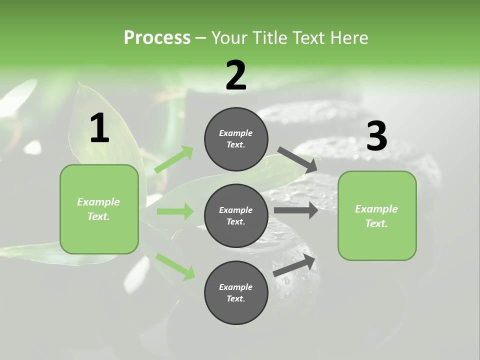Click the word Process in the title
pos(157,38)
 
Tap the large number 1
pos(99,128)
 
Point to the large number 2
pos(236,75)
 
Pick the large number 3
pos(376,136)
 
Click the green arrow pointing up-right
pos(174,159)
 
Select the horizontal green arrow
pos(175,211)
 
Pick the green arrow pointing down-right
pos(175,266)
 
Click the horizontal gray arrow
pos(296,210)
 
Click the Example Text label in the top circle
pos(236,139)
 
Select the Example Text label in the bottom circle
pos(236,293)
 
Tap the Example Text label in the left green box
pos(98,209)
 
